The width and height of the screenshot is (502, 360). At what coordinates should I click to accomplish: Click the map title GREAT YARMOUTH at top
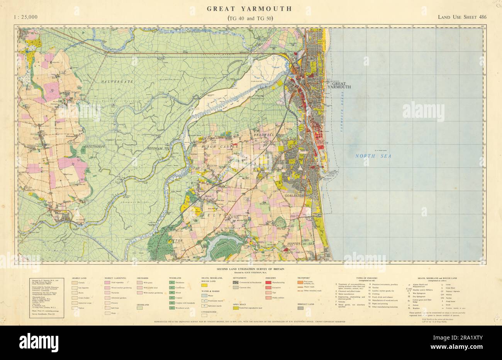[249, 8]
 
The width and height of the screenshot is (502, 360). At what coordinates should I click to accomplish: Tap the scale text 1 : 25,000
[25, 17]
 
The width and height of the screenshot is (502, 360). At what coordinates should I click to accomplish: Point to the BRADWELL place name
[264, 134]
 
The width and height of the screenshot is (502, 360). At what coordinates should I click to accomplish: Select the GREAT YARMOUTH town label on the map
[339, 85]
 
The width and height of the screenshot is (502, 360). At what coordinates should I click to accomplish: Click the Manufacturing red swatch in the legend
[268, 282]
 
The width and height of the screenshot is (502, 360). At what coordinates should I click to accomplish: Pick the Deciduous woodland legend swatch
[172, 282]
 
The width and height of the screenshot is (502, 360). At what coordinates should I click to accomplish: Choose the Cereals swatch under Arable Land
[75, 282]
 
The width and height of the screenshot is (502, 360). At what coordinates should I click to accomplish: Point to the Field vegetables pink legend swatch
[107, 282]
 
